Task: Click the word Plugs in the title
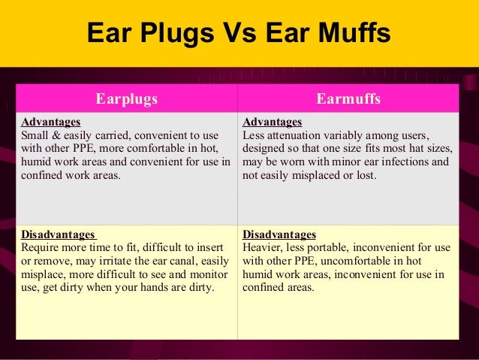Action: point(165,35)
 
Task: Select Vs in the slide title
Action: point(230,35)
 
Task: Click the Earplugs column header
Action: point(126,98)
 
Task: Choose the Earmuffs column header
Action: point(348,98)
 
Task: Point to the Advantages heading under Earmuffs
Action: point(272,122)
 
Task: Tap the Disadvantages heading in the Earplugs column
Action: point(59,234)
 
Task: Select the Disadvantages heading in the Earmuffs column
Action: point(279,234)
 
